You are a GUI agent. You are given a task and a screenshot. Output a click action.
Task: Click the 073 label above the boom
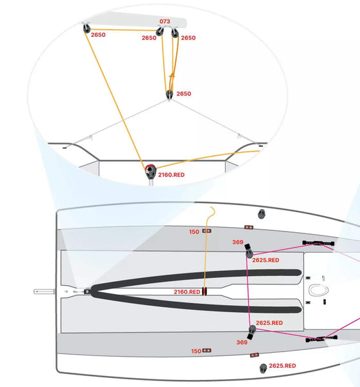coord(165,21)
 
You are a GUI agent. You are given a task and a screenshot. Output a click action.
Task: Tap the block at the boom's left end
coord(86,28)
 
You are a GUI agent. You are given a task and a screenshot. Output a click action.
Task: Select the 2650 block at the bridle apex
coord(170,95)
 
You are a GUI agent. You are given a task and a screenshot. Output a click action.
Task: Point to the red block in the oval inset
coord(150,171)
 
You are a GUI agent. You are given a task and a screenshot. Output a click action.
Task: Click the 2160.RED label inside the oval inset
coord(172,175)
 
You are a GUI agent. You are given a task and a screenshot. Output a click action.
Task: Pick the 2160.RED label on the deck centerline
coord(187,292)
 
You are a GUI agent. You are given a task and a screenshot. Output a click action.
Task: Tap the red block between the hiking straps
coord(205,292)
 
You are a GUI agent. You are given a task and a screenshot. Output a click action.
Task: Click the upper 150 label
coord(194,232)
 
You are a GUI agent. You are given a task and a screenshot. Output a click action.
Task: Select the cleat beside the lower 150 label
coord(206,350)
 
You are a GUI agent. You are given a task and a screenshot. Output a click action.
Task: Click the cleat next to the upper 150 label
coord(206,231)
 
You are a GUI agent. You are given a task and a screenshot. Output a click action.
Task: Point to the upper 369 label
coord(238,242)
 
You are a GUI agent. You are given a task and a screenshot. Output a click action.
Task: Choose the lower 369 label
coord(242,342)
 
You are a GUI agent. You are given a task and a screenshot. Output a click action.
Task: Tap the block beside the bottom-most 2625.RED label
coord(263,368)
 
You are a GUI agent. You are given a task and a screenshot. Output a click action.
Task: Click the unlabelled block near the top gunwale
coord(261,214)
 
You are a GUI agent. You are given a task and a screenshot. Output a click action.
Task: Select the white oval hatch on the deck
coord(319,290)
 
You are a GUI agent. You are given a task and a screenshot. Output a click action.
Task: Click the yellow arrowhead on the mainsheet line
coord(172,75)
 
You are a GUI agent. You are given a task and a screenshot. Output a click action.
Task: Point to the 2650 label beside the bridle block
coord(184,94)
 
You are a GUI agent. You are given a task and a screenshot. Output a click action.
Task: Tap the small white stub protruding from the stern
coord(44,292)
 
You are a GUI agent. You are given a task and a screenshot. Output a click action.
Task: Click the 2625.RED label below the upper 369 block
coord(266,260)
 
